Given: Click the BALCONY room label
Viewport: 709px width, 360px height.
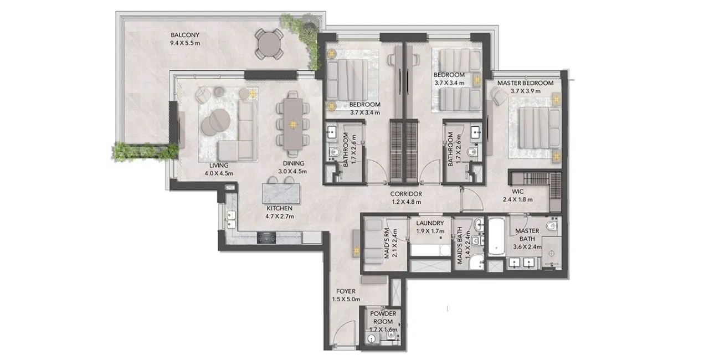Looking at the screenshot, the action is [185, 35].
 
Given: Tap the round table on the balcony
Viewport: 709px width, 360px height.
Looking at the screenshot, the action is [269, 44].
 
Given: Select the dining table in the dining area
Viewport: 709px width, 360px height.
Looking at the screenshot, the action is [293, 124].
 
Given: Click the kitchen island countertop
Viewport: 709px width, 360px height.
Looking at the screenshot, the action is [281, 193].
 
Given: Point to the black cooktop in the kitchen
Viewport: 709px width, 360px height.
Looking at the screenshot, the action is [266, 238].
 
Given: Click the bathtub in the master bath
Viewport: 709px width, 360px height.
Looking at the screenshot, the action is [496, 236].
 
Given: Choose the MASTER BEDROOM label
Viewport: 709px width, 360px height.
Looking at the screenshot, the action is [526, 83].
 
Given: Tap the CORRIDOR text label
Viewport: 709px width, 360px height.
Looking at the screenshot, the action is [406, 194].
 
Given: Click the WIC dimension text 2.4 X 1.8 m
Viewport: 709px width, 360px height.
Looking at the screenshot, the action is [517, 199].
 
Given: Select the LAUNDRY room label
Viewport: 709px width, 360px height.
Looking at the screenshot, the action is [430, 223].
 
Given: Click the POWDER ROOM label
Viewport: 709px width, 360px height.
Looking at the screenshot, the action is [383, 317].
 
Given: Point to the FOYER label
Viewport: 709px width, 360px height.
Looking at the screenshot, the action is [346, 291].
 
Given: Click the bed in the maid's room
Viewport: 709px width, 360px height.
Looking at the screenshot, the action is [373, 241].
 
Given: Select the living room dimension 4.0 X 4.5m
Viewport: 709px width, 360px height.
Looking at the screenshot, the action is [219, 173].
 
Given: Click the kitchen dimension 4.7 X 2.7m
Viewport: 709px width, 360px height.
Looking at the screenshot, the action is [280, 217].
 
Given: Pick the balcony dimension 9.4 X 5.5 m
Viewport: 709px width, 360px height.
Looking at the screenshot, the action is [185, 43].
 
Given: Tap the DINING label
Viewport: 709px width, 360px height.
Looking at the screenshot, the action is [294, 163].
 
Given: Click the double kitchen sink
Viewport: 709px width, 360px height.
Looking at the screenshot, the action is [231, 220].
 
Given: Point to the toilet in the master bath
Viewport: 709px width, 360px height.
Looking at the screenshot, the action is [552, 225].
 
